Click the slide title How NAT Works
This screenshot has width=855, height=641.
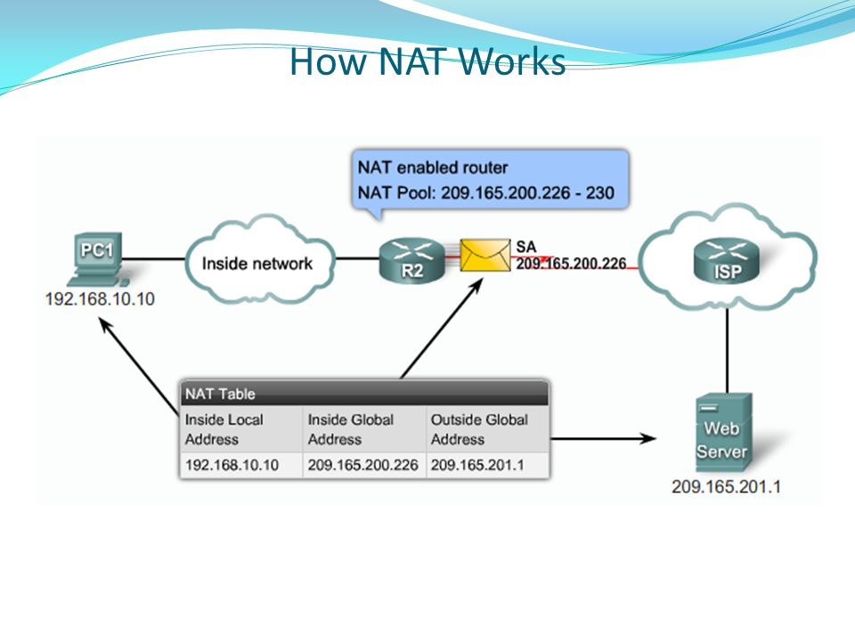427,61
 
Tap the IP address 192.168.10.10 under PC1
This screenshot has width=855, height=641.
100,299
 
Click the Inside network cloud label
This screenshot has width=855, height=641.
256,264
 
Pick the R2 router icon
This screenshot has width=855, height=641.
412,261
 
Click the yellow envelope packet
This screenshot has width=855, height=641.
484,256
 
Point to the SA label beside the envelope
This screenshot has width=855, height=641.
526,247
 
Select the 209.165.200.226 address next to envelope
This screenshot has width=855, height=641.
571,264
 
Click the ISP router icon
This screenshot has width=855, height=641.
727,261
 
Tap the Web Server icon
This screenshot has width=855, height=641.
723,433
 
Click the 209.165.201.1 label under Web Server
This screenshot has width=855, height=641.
726,486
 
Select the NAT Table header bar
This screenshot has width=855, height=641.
364,394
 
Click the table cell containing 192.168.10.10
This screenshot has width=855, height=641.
241,465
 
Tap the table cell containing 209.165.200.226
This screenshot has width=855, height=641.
364,465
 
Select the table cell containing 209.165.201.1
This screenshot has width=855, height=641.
487,465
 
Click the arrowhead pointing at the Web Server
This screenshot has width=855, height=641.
648,438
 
